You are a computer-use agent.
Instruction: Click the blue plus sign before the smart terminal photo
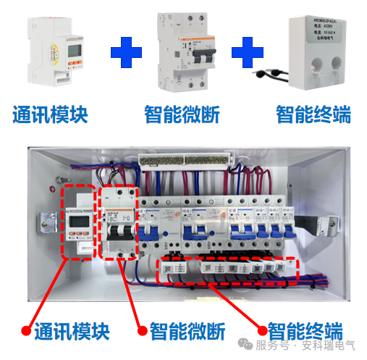tap(246, 53)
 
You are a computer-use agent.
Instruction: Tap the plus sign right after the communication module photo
tap(126, 53)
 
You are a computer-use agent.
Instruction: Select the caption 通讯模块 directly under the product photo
tap(50, 114)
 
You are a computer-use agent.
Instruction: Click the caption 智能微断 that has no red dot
tap(182, 114)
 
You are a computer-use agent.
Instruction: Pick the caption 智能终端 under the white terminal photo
tap(313, 114)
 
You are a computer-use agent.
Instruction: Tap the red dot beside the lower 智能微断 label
tap(138, 332)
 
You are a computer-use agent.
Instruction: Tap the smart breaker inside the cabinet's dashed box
tap(118, 225)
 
